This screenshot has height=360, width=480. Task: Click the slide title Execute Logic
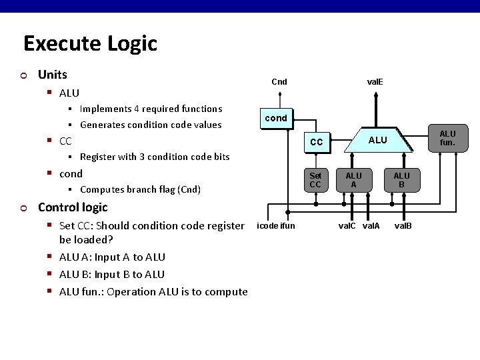(90, 43)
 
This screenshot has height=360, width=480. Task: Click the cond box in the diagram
(275, 118)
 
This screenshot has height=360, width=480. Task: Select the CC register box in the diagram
(316, 142)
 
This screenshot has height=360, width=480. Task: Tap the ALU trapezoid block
(377, 140)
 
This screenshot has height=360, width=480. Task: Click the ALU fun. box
(447, 138)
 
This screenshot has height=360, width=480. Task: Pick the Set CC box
(315, 180)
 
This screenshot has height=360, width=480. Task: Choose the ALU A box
(353, 180)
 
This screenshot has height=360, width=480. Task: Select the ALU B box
(401, 180)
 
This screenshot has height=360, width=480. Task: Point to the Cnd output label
(279, 82)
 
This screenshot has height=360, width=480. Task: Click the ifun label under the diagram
(287, 226)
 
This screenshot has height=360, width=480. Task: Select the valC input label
(347, 226)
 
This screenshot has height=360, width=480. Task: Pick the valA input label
(371, 226)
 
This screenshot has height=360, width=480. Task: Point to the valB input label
(403, 226)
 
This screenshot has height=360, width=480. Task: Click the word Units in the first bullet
(53, 74)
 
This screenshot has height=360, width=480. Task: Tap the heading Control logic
(73, 207)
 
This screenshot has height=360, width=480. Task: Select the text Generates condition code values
(151, 125)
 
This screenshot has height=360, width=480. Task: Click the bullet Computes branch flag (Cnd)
(140, 189)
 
